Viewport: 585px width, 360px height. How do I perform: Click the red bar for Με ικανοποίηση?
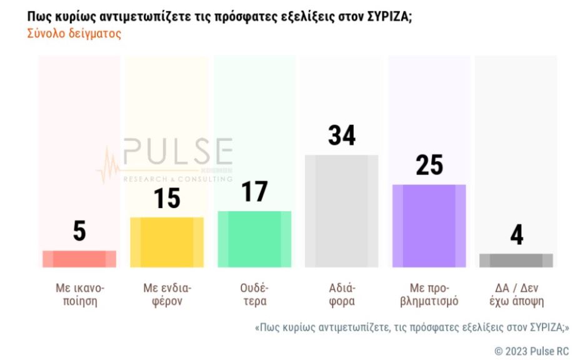coord(79,259)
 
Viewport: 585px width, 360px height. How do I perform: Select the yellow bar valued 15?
coord(167,242)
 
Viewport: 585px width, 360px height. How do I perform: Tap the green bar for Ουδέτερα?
coord(254,239)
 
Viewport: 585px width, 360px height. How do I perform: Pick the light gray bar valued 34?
coord(341,211)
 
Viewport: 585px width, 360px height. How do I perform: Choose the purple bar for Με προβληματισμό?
coord(429,226)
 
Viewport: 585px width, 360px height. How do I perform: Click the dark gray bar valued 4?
coord(516,261)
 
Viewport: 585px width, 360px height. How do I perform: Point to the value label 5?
coord(79,231)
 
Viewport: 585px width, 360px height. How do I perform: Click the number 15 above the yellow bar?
coord(167,198)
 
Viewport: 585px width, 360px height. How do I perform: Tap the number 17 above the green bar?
coord(254,192)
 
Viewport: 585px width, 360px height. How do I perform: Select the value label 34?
coord(342,136)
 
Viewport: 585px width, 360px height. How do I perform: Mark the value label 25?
coord(429,165)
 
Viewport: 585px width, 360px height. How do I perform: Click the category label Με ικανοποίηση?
coord(79,294)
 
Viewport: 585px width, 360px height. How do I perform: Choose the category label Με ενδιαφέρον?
coord(167,294)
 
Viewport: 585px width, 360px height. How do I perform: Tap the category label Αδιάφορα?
coord(342,294)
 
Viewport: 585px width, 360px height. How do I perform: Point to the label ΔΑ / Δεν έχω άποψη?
coord(516,294)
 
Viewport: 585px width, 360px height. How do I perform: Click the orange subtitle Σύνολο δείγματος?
coord(74,34)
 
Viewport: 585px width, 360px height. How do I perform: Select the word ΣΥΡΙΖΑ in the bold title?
coord(385,16)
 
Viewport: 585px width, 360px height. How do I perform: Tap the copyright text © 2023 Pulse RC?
coord(531,351)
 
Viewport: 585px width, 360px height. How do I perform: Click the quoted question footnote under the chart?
coord(412,327)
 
